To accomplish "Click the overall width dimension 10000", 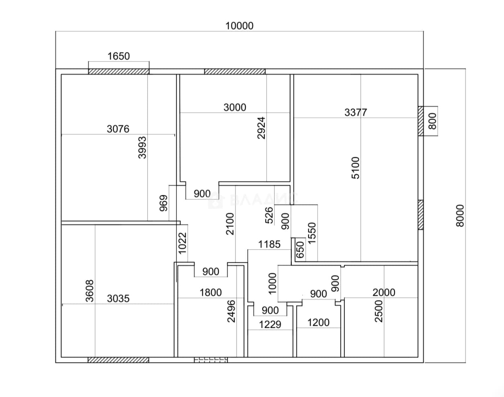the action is point(240,26).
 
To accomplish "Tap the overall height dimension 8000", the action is point(460,216).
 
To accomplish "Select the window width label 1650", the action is point(119,56).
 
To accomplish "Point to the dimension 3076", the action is point(118,129).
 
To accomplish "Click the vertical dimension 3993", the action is point(142,147).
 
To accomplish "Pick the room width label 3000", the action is point(235,108).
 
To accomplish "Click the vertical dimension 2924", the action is point(261,128).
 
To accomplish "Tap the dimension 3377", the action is point(356,113).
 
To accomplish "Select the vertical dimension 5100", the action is point(356,168).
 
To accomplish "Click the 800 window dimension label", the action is point(432,121).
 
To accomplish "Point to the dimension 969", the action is point(164,203).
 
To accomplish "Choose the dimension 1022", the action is point(182,243).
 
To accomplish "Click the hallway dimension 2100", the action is point(230,224).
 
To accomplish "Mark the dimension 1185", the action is point(269,245).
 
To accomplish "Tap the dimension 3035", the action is point(118,299).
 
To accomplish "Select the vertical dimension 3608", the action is point(90,291).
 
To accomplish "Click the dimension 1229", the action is point(270,325).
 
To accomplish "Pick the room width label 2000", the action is point(384,293).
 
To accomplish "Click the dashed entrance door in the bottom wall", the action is point(211,360).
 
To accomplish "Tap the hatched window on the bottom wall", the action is point(118,360).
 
